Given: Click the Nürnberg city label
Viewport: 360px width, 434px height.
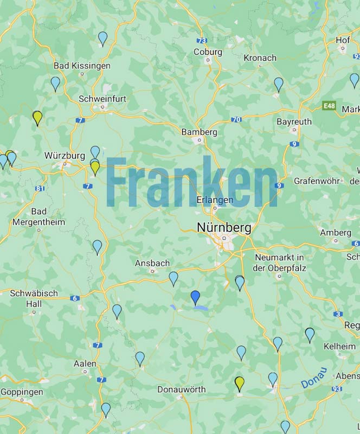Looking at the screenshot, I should coord(224,227).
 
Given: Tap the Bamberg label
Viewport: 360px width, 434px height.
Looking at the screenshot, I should coord(199,132).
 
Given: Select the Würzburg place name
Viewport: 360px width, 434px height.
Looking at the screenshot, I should coord(65,155).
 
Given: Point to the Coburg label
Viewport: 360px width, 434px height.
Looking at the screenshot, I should coord(208,52).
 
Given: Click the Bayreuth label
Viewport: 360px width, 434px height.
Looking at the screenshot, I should coord(294,122).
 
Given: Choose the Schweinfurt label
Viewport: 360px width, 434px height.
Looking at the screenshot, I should coord(102,99).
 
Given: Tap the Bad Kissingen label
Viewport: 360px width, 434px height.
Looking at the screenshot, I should coord(82,66).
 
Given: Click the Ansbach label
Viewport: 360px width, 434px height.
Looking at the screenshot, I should coord(152,263).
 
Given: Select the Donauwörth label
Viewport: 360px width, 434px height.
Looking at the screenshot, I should coord(182,390).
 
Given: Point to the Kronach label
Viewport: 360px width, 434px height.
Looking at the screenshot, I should coord(260,58).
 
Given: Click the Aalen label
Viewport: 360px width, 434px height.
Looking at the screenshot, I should coord(85,363).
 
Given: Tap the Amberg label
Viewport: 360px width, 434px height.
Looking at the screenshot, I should coord(336,232).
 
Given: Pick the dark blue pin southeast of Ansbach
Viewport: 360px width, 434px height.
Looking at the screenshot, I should coord(195,297).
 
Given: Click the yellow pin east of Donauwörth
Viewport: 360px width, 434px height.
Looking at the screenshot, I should coord(240,384).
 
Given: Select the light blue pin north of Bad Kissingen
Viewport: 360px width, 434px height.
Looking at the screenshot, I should coord(102,38).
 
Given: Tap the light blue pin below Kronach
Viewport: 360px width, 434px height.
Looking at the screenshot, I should coord(279,84).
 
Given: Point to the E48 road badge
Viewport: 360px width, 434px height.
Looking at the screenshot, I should coord(329,105).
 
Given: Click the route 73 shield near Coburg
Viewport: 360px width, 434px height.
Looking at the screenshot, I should coord(202,41).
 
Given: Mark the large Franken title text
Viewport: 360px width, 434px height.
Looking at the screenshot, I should coord(192,183).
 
